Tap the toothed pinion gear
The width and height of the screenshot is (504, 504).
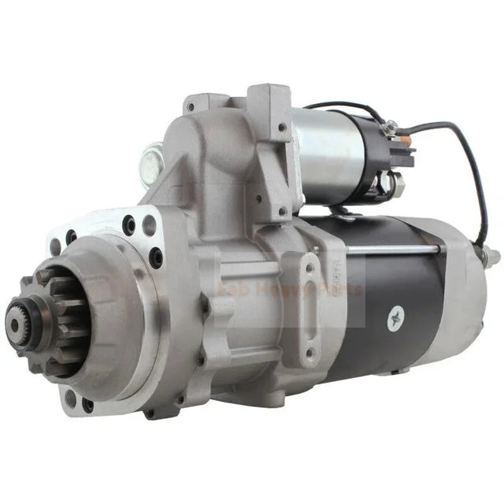point(59,319)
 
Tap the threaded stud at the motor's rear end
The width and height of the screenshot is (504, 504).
point(492,254)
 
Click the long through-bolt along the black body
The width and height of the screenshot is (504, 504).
point(394,250)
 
